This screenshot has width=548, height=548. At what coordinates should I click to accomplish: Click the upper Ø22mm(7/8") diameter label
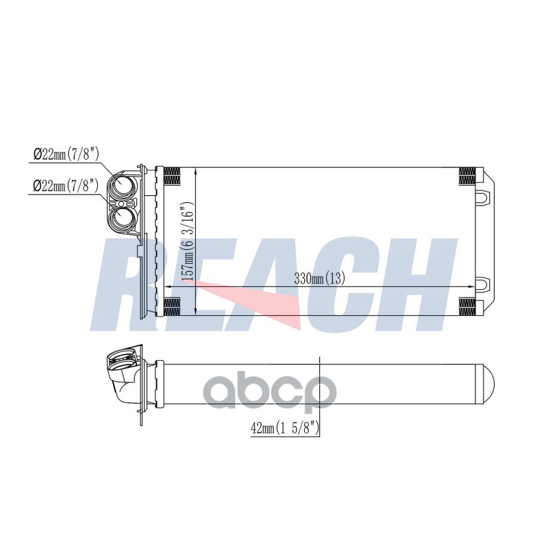tap(66, 153)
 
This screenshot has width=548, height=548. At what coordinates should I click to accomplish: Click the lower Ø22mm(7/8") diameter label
tap(66, 185)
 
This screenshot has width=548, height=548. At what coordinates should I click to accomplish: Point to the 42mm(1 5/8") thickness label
tap(284, 428)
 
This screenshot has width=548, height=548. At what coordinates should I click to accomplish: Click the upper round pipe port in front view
tap(121, 184)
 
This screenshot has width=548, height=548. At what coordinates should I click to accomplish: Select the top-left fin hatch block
tap(172, 176)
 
